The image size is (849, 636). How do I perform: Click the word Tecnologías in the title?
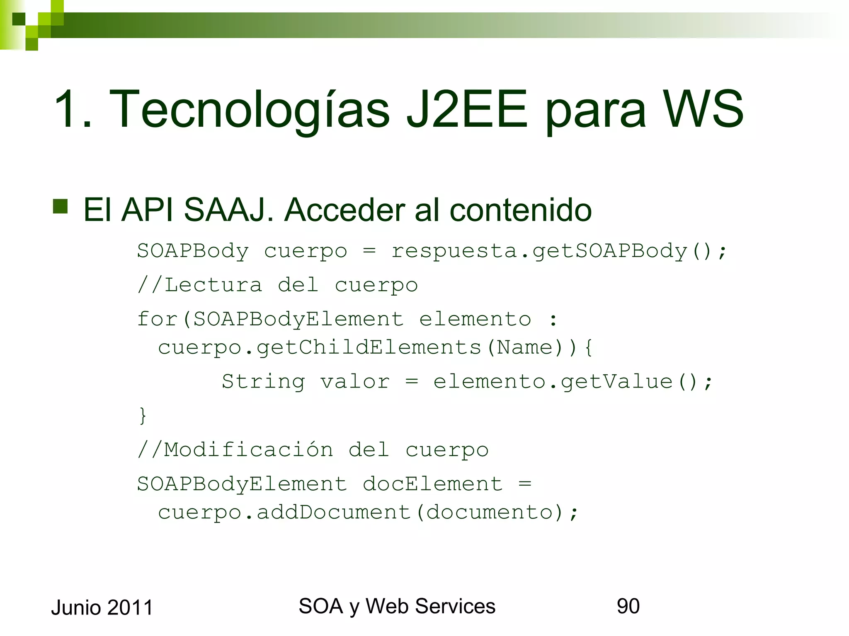pyautogui.click(x=249, y=110)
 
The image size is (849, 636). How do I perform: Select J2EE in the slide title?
pyautogui.click(x=467, y=110)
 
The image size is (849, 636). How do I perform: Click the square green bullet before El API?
pyautogui.click(x=61, y=206)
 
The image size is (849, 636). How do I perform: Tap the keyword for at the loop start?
pyautogui.click(x=157, y=319)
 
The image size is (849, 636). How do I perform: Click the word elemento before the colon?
pyautogui.click(x=475, y=319)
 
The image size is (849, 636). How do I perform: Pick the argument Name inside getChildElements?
pyautogui.click(x=525, y=347)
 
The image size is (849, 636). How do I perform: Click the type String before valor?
pyautogui.click(x=263, y=381)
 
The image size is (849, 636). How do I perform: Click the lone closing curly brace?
pyautogui.click(x=143, y=415)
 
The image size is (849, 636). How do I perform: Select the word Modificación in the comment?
pyautogui.click(x=248, y=450)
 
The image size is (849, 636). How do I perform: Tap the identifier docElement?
pyautogui.click(x=432, y=484)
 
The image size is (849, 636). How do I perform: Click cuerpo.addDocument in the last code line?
pyautogui.click(x=284, y=513)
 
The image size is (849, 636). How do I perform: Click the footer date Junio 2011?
pyautogui.click(x=102, y=607)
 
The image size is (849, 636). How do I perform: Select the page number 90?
pyautogui.click(x=628, y=606)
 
